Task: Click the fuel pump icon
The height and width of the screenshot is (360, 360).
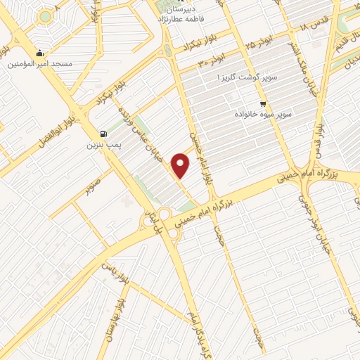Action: pyautogui.click(x=104, y=134)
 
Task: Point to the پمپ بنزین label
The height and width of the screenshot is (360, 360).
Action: pyautogui.click(x=101, y=146)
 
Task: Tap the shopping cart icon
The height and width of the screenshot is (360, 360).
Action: pyautogui.click(x=263, y=103)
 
